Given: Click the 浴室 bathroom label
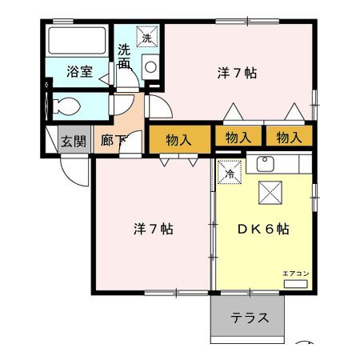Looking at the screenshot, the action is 79,71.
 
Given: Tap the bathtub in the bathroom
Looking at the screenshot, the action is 77,41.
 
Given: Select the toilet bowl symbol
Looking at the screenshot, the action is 66,106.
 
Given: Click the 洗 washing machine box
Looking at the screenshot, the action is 147,37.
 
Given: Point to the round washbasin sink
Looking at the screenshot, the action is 150,67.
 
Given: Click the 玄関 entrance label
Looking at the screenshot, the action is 74,142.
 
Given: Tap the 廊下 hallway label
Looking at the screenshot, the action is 113,140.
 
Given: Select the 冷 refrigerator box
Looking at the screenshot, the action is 230,172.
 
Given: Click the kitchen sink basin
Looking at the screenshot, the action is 266,164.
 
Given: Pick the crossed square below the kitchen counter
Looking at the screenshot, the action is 270,193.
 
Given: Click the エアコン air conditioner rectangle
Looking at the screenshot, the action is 296,284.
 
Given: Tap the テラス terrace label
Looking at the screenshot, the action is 250,318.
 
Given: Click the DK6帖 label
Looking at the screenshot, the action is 263,229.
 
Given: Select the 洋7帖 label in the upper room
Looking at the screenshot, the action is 237,73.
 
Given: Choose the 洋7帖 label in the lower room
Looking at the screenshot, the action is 154,229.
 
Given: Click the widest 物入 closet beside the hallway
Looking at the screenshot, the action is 180,139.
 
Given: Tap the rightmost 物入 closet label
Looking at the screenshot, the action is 290,138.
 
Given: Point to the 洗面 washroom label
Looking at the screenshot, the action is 125,56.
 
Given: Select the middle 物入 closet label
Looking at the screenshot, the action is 238,138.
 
